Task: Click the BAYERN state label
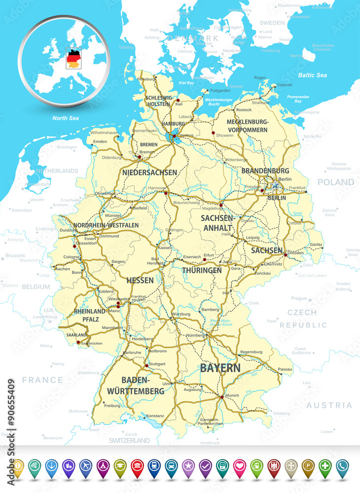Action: [x=220, y=368]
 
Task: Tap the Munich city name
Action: [x=233, y=396]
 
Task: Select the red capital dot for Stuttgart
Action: [x=145, y=365]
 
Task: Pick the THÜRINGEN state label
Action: [x=202, y=270]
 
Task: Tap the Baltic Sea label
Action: [x=312, y=75]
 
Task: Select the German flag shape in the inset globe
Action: [x=73, y=58]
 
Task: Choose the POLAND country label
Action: [x=335, y=182]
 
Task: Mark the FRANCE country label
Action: [x=42, y=380]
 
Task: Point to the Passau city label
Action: [x=285, y=369]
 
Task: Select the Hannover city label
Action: [x=156, y=188]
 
